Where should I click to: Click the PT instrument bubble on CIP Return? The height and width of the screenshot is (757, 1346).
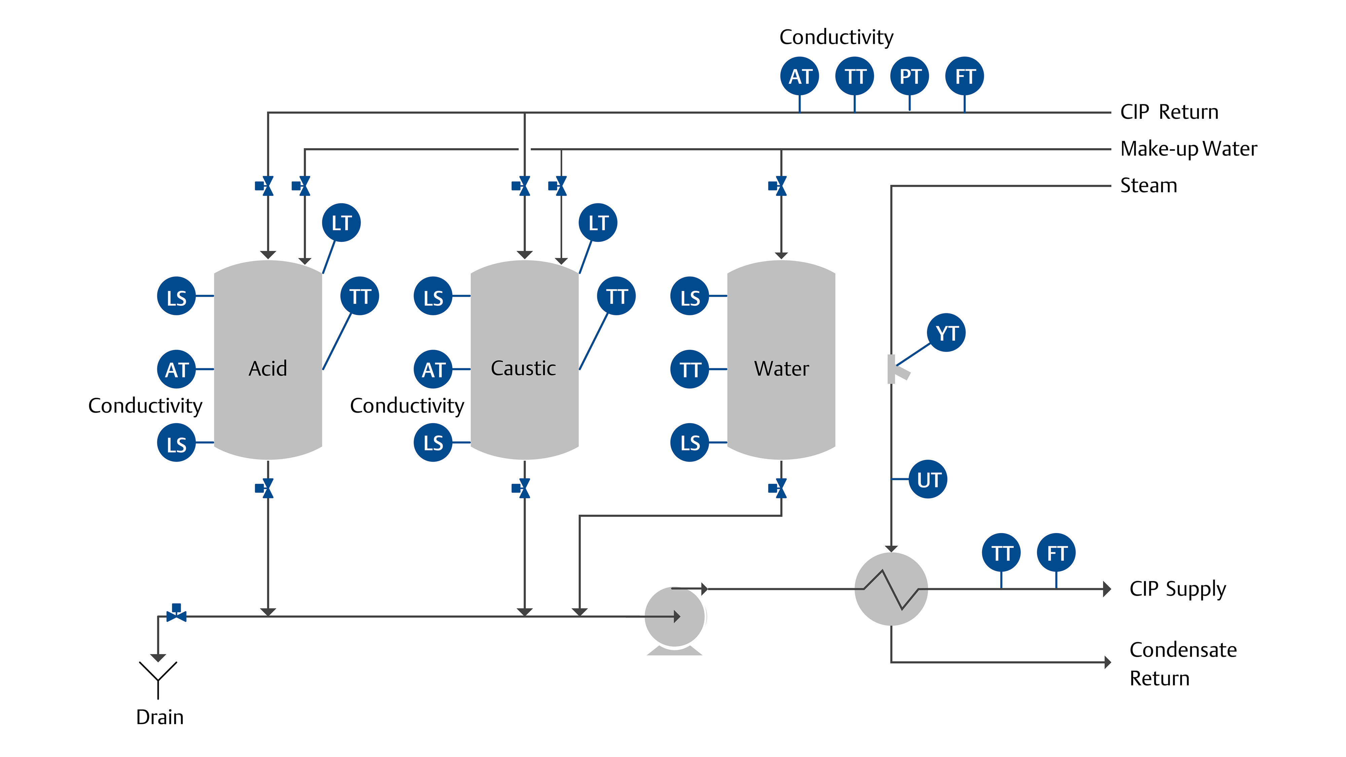click(910, 76)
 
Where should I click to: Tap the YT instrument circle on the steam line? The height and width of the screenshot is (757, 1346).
click(946, 333)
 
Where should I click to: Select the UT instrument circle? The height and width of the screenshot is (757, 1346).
click(928, 479)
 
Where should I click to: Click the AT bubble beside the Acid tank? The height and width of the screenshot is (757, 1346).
click(177, 369)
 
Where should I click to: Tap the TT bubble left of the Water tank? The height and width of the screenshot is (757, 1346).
click(690, 369)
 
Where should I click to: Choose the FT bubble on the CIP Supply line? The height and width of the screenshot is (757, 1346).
click(1056, 553)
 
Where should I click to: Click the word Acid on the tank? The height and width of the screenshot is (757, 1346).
click(268, 368)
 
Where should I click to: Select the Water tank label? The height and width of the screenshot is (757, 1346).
click(781, 368)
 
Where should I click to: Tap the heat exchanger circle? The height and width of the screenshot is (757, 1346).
click(891, 589)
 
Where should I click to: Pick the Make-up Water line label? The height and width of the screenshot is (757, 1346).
click(1189, 149)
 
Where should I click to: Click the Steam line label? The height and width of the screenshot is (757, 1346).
click(1148, 185)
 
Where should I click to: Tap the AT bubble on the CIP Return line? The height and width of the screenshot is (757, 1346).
click(800, 76)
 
